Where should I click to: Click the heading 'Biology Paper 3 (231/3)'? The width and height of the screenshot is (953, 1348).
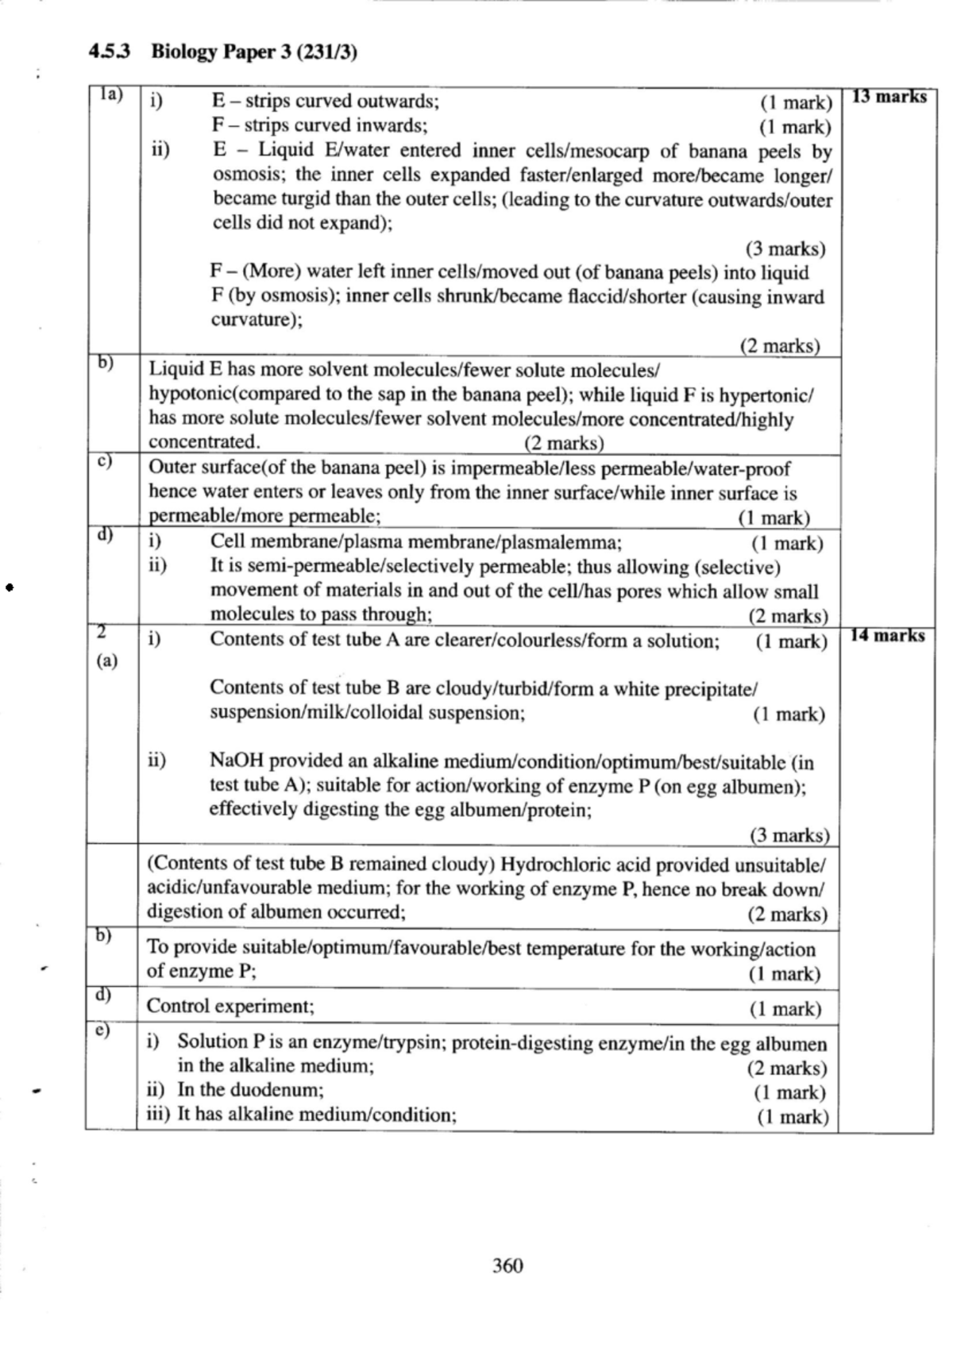click(x=253, y=52)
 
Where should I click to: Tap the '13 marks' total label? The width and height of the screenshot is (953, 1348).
click(x=889, y=97)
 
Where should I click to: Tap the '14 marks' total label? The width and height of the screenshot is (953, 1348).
click(x=887, y=635)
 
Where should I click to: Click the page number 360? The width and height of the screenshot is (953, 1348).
click(x=507, y=1265)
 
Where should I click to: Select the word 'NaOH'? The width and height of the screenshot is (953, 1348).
click(x=235, y=761)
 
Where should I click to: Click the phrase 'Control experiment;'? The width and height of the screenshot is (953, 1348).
click(x=230, y=1007)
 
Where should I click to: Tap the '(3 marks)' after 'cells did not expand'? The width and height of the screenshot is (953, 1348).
click(x=785, y=248)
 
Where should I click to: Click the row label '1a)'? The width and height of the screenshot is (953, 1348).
click(x=110, y=94)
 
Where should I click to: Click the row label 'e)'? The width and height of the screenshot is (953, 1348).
click(x=104, y=1030)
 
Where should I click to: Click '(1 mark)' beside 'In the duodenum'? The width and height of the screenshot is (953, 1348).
click(x=789, y=1092)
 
